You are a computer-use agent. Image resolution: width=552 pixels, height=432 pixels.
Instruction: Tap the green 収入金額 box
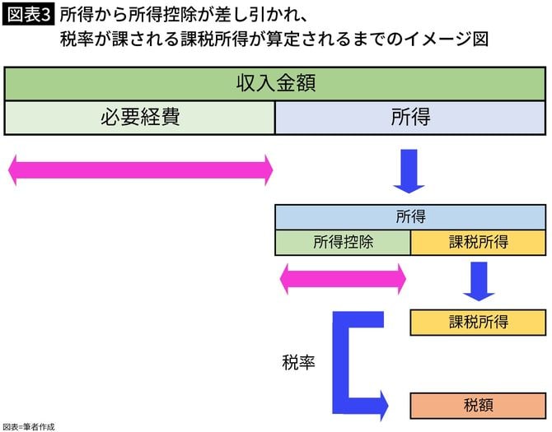click(x=276, y=84)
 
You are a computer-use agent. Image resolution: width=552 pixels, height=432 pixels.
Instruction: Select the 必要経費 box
click(x=140, y=117)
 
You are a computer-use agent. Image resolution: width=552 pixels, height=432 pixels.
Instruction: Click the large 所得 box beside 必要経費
click(x=410, y=117)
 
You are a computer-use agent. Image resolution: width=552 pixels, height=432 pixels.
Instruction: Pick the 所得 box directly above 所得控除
click(x=410, y=217)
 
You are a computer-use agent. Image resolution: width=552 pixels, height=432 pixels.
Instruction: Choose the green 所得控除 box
click(x=342, y=242)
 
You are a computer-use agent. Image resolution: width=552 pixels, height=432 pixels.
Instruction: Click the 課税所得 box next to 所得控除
click(x=479, y=242)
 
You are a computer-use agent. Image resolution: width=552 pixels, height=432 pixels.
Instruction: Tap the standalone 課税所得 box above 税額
click(x=479, y=322)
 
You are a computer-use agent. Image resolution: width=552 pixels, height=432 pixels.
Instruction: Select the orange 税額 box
click(x=479, y=405)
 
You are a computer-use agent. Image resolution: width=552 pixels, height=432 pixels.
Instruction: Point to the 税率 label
click(x=298, y=362)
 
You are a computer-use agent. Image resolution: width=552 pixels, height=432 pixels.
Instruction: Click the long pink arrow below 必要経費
click(x=140, y=170)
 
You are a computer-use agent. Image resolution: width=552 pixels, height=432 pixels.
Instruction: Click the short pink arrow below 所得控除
click(x=343, y=279)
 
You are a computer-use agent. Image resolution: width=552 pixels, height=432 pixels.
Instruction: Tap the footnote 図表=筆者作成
click(x=29, y=426)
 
